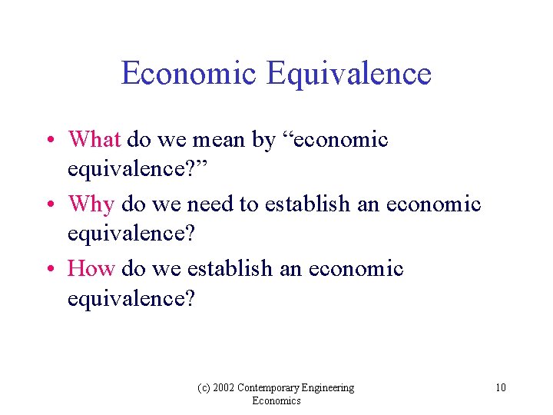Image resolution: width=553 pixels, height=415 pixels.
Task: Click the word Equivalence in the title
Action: (349, 74)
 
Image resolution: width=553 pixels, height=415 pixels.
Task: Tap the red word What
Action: (94, 140)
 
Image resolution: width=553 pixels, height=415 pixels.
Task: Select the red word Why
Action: (91, 204)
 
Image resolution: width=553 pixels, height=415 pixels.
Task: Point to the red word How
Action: (91, 269)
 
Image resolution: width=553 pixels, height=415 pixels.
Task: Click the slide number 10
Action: (500, 387)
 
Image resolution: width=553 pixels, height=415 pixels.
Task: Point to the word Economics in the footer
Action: (276, 401)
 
